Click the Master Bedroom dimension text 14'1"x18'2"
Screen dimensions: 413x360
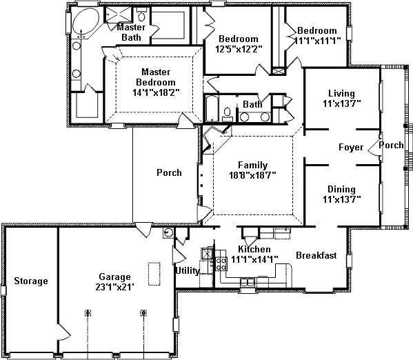tap(156, 92)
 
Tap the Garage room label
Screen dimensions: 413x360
tap(114, 277)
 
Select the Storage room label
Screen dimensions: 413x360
tap(31, 281)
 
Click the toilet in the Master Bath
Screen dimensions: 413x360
tap(142, 15)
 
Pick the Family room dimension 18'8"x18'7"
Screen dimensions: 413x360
tap(252, 175)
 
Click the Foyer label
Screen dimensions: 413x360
tap(351, 147)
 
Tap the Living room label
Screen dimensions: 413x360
tap(341, 93)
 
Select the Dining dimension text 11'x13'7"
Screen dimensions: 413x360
tap(341, 199)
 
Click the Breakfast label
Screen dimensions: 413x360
tap(316, 255)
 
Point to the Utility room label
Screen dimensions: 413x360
tap(188, 270)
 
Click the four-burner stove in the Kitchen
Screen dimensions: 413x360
tap(221, 264)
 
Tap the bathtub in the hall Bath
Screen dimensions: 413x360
tap(212, 109)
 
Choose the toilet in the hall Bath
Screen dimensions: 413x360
tap(227, 114)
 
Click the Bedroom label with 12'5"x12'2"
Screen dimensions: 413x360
tap(239, 39)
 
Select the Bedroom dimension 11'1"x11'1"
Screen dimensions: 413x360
tap(317, 41)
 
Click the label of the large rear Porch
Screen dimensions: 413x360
tap(169, 172)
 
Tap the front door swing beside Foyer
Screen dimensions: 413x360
tap(374, 148)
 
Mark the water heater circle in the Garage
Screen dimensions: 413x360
tap(168, 232)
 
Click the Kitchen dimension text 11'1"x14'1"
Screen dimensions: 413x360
tap(254, 259)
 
